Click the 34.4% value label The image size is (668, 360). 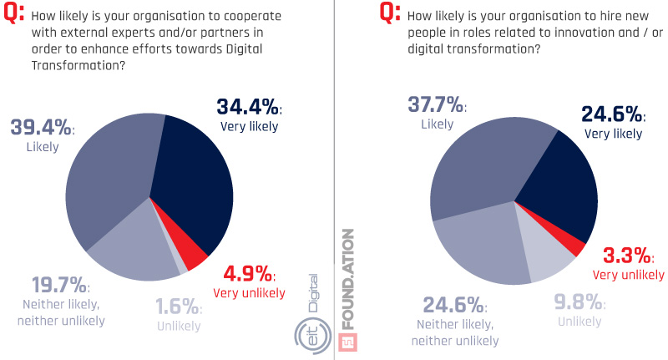(x=247, y=109)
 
